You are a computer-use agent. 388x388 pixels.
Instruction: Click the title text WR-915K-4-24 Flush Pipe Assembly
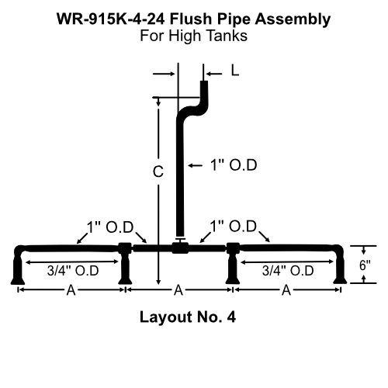(194, 17)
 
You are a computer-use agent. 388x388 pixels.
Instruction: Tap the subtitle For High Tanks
(194, 35)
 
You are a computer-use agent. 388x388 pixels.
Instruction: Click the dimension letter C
(157, 174)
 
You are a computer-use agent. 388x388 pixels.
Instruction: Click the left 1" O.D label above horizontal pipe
(110, 227)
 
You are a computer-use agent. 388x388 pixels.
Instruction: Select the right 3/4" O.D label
(287, 271)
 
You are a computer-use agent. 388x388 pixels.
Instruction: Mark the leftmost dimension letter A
(71, 290)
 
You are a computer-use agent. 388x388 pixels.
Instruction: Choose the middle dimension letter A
(178, 290)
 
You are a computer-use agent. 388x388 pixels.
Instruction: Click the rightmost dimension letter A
(286, 290)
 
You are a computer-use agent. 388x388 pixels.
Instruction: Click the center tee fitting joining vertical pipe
(180, 248)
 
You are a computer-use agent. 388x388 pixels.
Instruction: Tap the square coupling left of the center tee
(125, 248)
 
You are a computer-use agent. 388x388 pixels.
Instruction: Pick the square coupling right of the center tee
(231, 248)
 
